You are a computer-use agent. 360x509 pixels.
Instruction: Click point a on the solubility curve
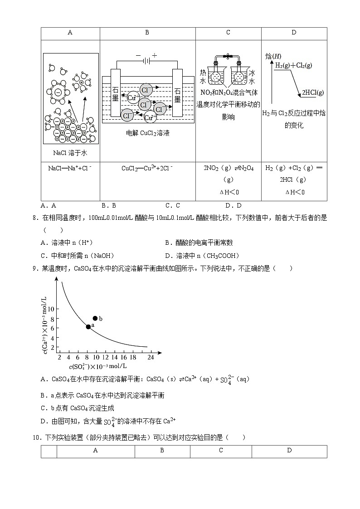click(x=88, y=327)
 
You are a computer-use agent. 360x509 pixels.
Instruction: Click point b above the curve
click(x=95, y=318)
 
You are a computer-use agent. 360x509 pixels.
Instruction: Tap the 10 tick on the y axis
click(x=51, y=309)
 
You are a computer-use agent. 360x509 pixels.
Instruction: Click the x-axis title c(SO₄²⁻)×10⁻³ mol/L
click(x=97, y=366)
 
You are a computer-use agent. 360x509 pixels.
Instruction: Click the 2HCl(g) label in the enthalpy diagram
click(x=313, y=92)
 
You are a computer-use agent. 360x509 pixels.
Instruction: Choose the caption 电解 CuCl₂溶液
click(x=148, y=133)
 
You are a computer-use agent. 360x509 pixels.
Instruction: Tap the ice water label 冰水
click(x=252, y=77)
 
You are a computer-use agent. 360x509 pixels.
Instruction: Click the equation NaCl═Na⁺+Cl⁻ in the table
click(x=70, y=168)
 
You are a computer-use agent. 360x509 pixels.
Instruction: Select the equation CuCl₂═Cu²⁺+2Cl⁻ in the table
click(x=147, y=168)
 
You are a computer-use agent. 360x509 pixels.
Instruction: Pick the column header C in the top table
click(x=228, y=33)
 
